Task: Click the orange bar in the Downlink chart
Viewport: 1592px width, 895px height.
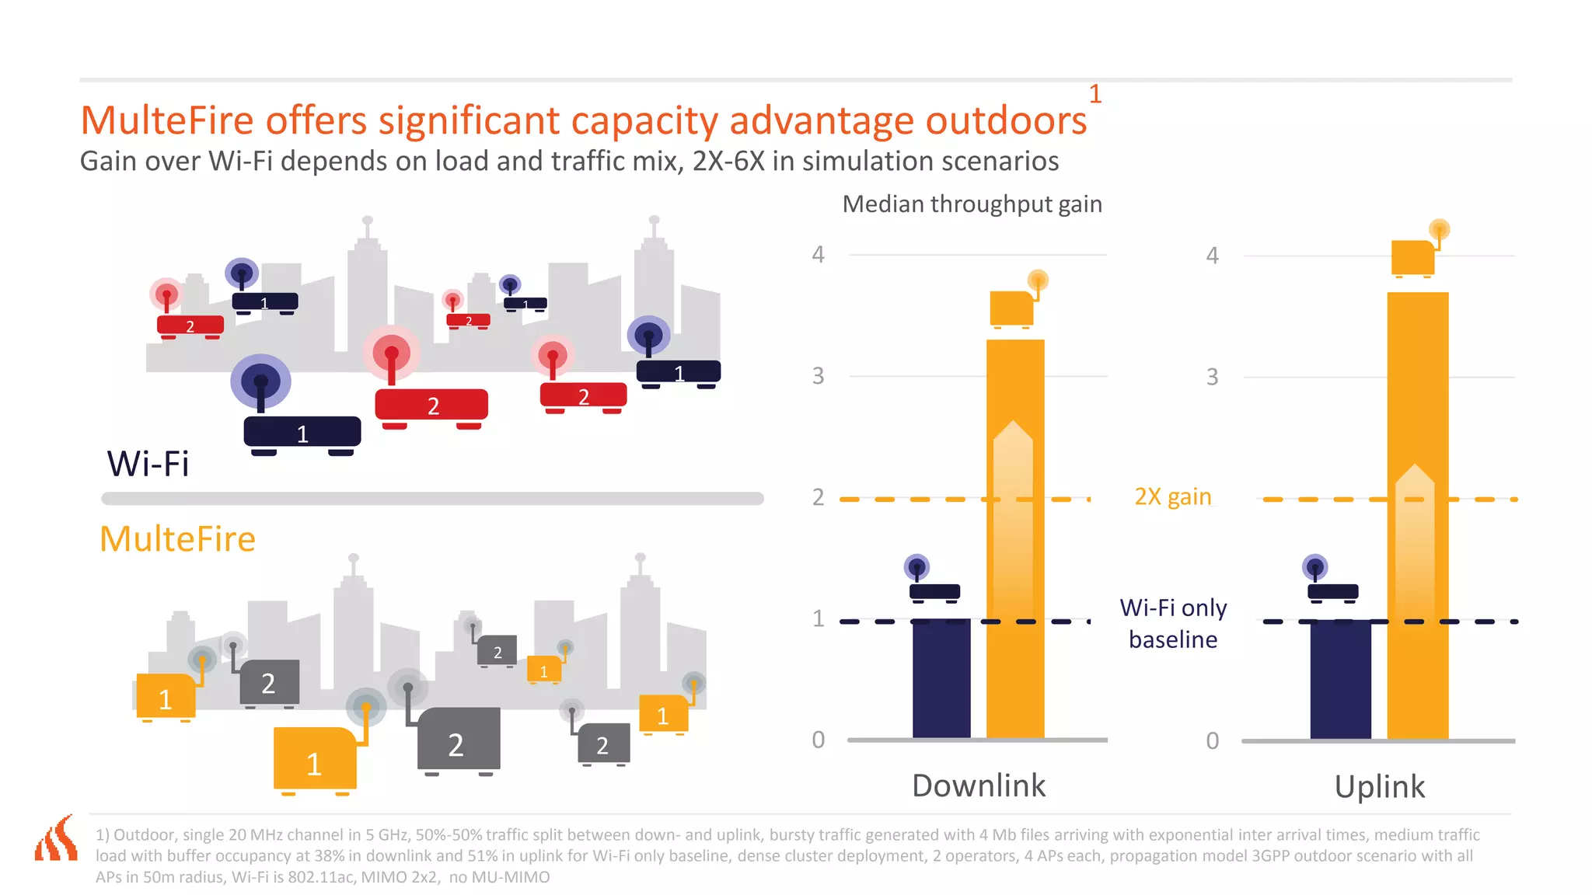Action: tap(1015, 544)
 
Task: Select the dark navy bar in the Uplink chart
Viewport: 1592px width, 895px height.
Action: tap(1340, 679)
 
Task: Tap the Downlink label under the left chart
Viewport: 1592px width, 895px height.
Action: tap(979, 785)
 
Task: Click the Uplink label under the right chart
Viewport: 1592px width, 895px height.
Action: tap(1379, 787)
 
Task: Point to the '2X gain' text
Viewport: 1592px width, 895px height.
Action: tap(1172, 496)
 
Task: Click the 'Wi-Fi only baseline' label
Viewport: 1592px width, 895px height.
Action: tap(1173, 623)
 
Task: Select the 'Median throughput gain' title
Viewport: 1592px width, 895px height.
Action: tap(972, 204)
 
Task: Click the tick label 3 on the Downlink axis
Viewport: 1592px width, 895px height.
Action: tap(818, 377)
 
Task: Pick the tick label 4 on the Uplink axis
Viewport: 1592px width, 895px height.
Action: tap(1212, 256)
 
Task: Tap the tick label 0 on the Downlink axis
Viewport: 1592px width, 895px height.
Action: tap(818, 740)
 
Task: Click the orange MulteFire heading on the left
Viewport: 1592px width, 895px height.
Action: tap(177, 539)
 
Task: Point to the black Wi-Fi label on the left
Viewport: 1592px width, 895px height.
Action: tap(148, 464)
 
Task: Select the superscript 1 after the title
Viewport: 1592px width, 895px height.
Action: tap(1094, 95)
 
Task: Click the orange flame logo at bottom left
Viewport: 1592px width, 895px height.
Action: tap(57, 839)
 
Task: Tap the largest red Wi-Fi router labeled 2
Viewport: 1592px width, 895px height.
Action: tap(431, 405)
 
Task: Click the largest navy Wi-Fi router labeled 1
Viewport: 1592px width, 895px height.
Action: tap(302, 432)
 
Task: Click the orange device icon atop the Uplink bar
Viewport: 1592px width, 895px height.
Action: tap(1412, 257)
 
